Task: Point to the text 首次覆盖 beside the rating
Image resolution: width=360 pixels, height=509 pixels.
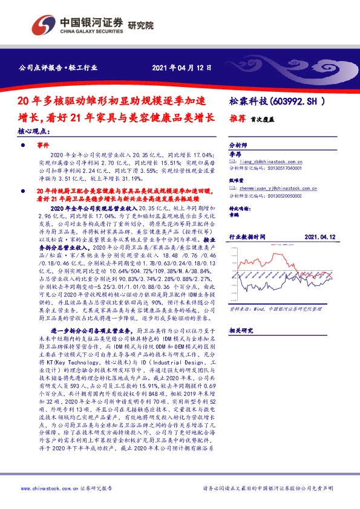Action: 260,120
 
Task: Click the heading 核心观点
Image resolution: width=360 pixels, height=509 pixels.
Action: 30,132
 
